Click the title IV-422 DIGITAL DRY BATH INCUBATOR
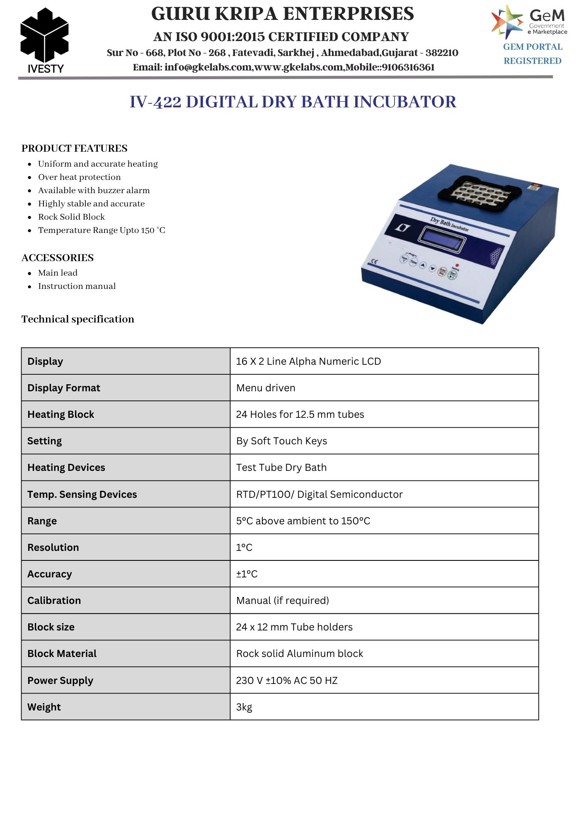coord(293,102)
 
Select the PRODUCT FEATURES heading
coord(74,148)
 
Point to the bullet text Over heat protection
coord(79,177)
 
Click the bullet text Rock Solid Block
coord(71,217)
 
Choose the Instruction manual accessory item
coord(77,286)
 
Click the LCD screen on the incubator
coord(442,239)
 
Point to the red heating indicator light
coord(457,265)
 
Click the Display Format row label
coord(64,388)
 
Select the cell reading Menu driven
coord(266,388)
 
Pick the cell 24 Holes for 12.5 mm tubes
coord(300,414)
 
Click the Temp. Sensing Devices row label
coord(82,494)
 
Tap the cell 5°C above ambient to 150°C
coord(303,521)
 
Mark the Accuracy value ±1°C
coord(247,574)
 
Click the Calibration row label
coord(54,600)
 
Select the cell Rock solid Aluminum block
coord(299,654)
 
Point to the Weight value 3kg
coord(244,707)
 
